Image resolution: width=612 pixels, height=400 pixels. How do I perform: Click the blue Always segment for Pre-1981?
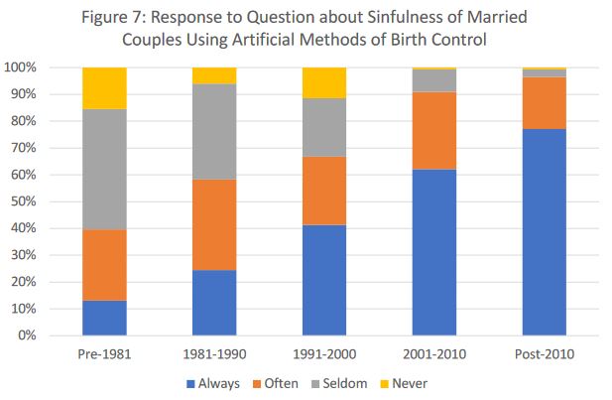pyautogui.click(x=104, y=318)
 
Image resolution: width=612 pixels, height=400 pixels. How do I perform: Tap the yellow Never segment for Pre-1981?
pyautogui.click(x=104, y=88)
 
